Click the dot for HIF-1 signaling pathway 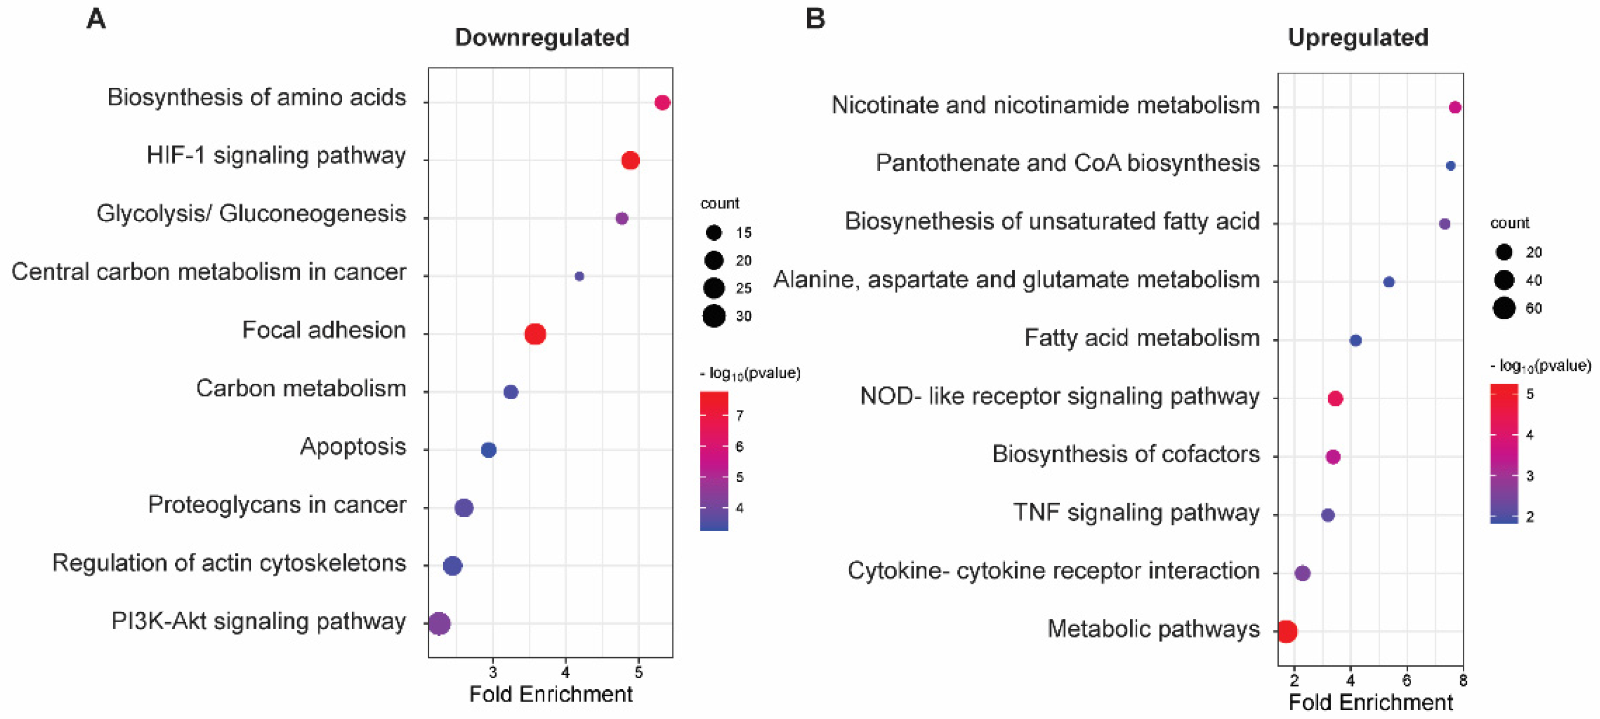pyautogui.click(x=630, y=160)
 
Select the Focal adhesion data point pyautogui.click(x=535, y=334)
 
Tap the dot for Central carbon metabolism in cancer pyautogui.click(x=579, y=276)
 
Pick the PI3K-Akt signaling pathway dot pyautogui.click(x=439, y=624)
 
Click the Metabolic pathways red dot pyautogui.click(x=1287, y=631)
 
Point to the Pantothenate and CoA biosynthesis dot pyautogui.click(x=1450, y=166)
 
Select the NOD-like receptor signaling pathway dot pyautogui.click(x=1335, y=399)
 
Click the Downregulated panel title pyautogui.click(x=542, y=37)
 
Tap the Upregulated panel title pyautogui.click(x=1358, y=37)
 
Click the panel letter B pyautogui.click(x=815, y=19)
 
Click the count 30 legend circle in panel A pyautogui.click(x=714, y=316)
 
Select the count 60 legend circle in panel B pyautogui.click(x=1504, y=308)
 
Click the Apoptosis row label pyautogui.click(x=353, y=447)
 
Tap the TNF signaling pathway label pyautogui.click(x=1136, y=512)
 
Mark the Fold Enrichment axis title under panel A pyautogui.click(x=551, y=694)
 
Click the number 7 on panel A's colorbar pyautogui.click(x=739, y=415)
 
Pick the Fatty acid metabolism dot pyautogui.click(x=1356, y=340)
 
